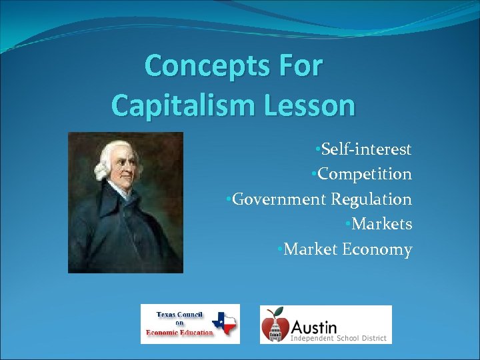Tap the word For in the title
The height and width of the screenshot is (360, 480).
coord(297,66)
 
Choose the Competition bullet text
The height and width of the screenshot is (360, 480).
coord(364,174)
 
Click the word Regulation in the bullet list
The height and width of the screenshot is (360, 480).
coord(371,199)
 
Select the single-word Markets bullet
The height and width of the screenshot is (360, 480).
coord(381,224)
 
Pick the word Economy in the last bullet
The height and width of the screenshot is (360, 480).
coord(377,249)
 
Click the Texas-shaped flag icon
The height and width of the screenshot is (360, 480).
coord(225,323)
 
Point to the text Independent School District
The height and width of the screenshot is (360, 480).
coord(338,339)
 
